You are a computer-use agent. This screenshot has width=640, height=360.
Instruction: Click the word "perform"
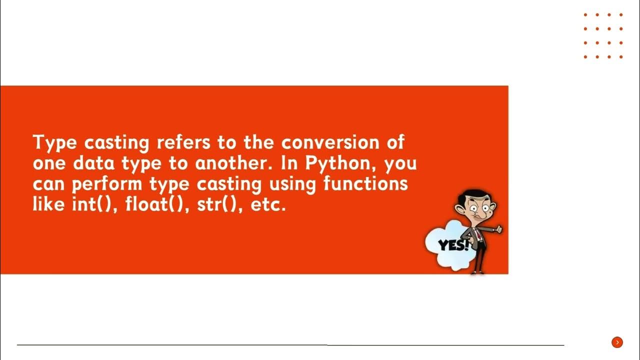tap(107, 185)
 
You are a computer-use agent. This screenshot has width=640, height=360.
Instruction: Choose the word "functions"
tap(365, 184)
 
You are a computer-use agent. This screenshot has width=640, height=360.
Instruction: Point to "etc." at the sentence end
tap(268, 205)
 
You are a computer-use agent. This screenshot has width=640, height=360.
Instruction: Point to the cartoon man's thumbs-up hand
tap(498, 229)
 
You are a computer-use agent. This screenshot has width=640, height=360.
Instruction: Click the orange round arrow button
tap(617, 342)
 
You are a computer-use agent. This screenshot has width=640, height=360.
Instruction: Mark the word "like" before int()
tap(49, 205)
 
